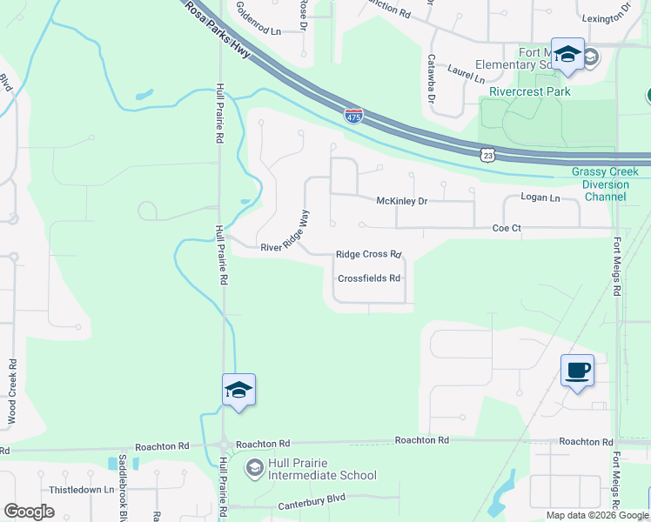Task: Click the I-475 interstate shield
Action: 353,116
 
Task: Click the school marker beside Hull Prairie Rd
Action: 238,391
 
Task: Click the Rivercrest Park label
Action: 529,90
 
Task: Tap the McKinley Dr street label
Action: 402,201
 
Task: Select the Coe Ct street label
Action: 507,228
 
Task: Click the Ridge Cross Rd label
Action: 368,255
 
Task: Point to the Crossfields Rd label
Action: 369,278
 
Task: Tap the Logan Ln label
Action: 541,198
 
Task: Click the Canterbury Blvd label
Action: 312,505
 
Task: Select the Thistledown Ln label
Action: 82,490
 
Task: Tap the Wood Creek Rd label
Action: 12,392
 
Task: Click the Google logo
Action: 29,511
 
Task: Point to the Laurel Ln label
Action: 466,73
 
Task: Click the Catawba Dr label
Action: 430,79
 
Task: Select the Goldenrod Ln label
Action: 259,30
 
